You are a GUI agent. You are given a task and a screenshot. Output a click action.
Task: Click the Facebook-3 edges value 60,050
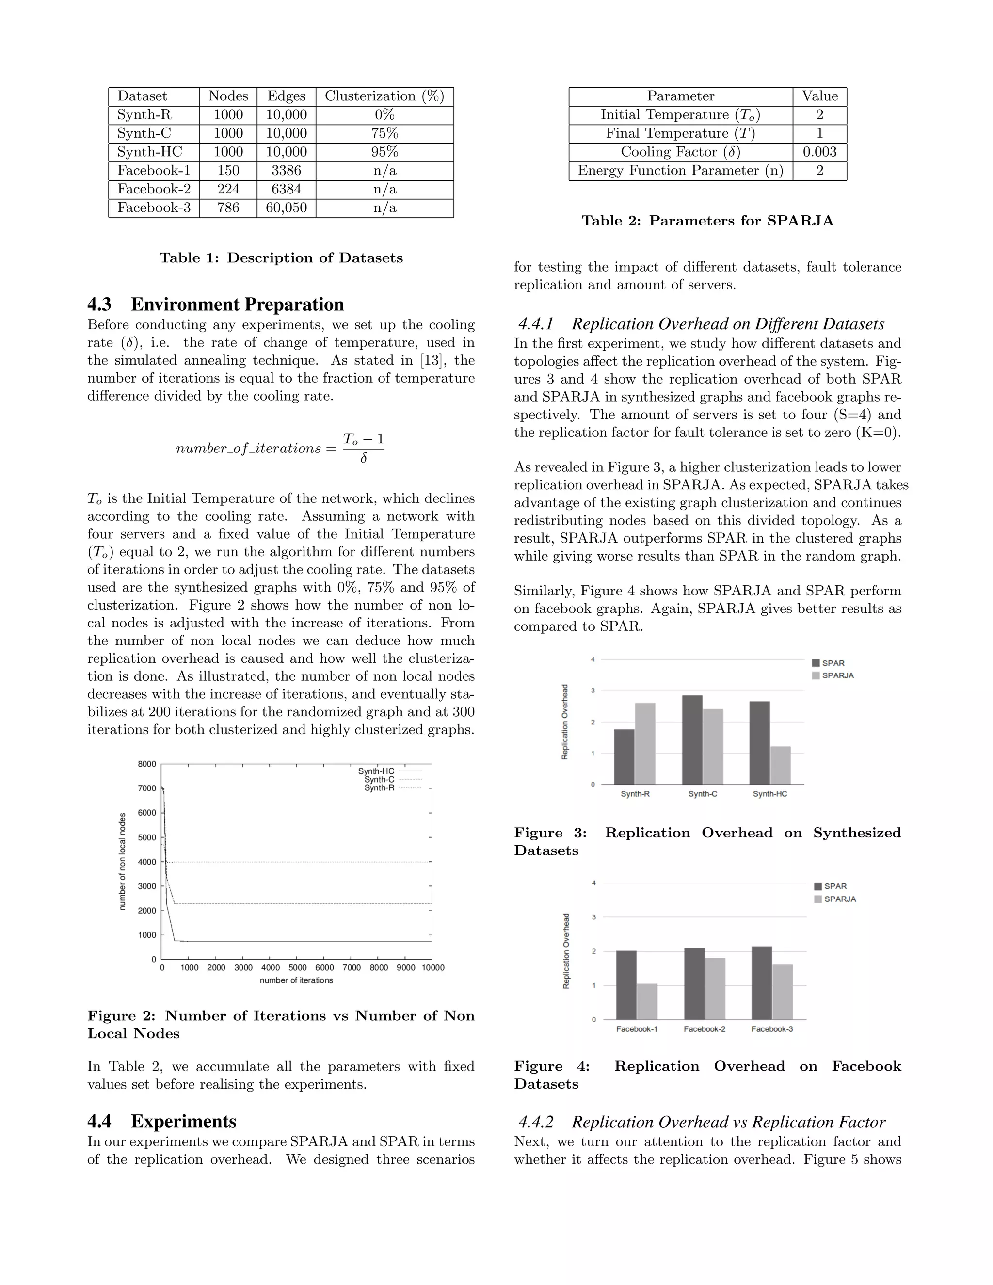coord(286,208)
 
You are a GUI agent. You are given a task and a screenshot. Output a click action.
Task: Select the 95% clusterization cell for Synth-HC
coord(384,152)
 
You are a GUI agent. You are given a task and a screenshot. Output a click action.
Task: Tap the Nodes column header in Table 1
coord(228,96)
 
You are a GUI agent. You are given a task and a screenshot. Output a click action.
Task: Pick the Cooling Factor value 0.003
coord(819,152)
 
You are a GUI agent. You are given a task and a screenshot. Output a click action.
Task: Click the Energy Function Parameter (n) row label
coord(681,171)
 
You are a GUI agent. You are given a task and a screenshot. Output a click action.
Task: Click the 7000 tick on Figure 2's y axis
coord(147,788)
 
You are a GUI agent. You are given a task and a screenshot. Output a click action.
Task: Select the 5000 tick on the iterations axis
coord(298,968)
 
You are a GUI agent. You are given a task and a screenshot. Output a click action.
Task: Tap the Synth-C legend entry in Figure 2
coord(380,780)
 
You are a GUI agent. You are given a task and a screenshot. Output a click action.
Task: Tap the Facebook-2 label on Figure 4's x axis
coord(704,1029)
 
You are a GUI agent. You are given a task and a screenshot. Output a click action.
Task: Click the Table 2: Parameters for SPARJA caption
coord(707,221)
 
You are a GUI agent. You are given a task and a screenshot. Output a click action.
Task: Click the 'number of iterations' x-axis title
coord(296,980)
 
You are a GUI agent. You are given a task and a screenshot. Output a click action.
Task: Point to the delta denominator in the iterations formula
coord(364,458)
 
